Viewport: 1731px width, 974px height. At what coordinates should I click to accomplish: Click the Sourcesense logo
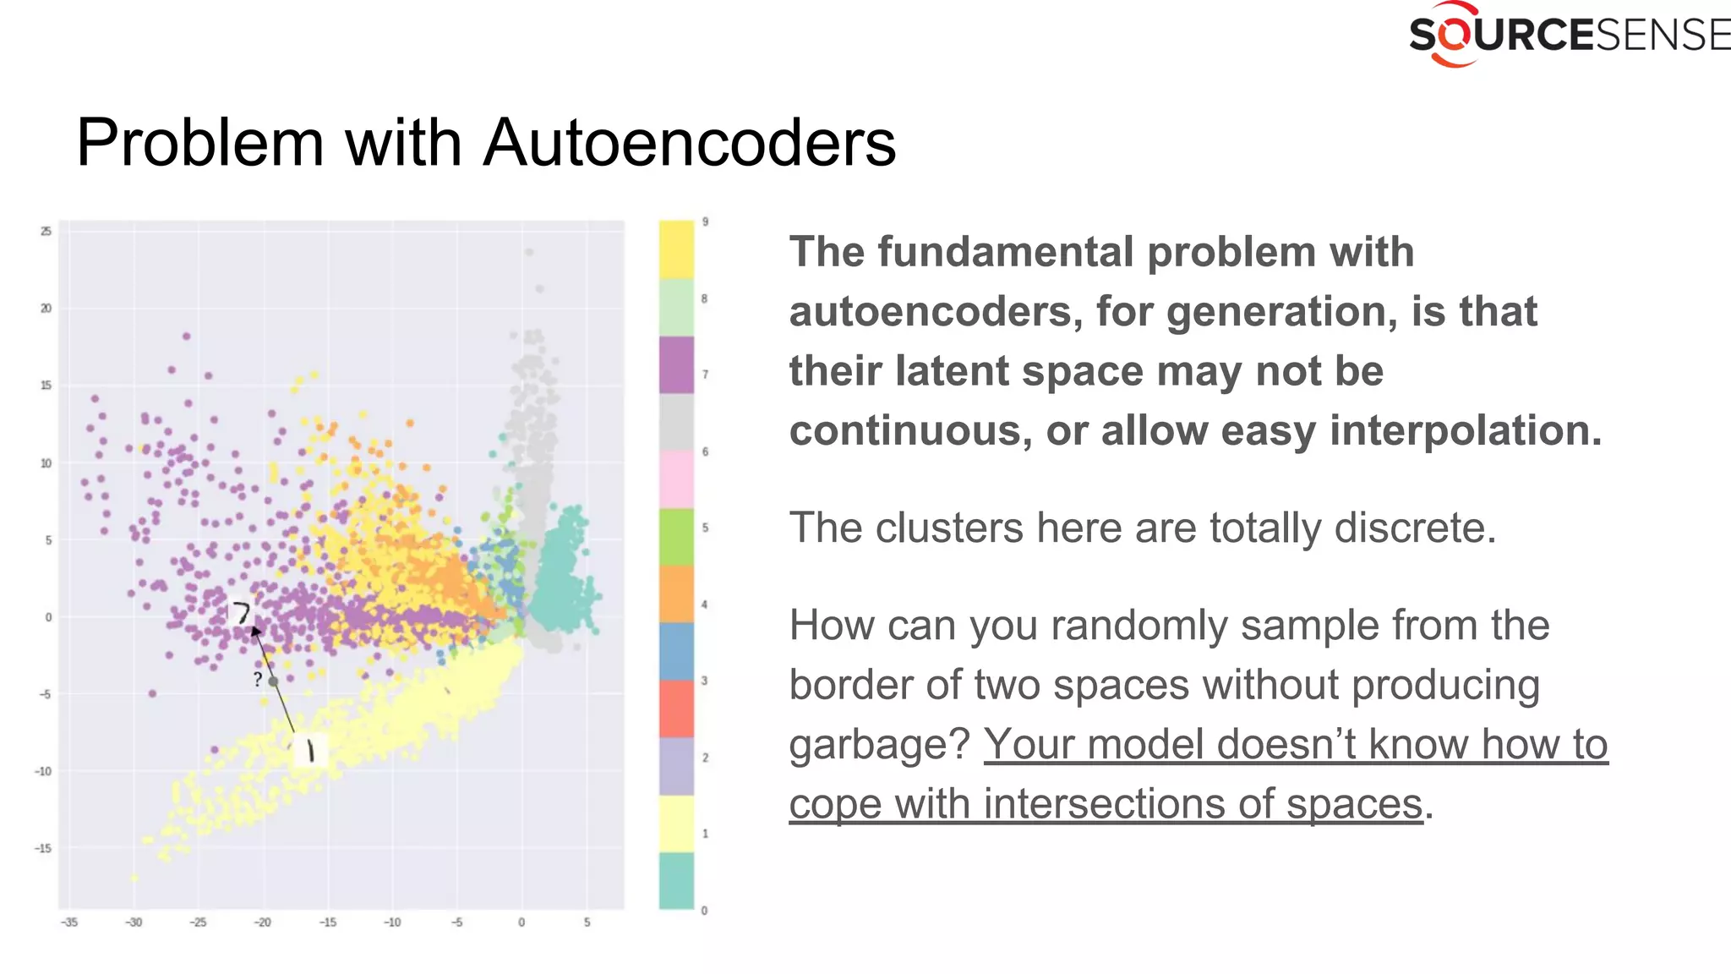pos(1568,35)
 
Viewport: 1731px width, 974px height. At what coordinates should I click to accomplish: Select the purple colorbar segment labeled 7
pos(676,364)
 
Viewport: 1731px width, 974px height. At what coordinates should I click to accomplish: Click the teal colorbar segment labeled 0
pos(676,880)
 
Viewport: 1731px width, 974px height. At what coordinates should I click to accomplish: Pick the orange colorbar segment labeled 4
pos(676,594)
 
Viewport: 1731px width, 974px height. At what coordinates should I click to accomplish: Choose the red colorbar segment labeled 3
pos(676,709)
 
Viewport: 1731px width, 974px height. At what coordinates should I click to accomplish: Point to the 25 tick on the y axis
pos(46,231)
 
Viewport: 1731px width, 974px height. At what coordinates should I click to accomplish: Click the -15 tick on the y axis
pos(42,848)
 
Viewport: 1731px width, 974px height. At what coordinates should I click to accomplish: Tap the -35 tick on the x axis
pos(69,922)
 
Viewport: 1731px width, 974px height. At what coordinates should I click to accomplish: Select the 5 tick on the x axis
pos(587,922)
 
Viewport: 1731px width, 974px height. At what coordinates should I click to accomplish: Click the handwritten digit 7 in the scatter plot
pos(242,612)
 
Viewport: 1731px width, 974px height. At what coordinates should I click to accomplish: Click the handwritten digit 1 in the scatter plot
pos(310,750)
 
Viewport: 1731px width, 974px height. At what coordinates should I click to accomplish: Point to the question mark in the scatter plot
pos(258,680)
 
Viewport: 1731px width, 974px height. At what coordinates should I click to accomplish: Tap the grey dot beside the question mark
pos(273,681)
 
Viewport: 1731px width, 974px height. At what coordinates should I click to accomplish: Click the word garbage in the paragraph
pos(879,746)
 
